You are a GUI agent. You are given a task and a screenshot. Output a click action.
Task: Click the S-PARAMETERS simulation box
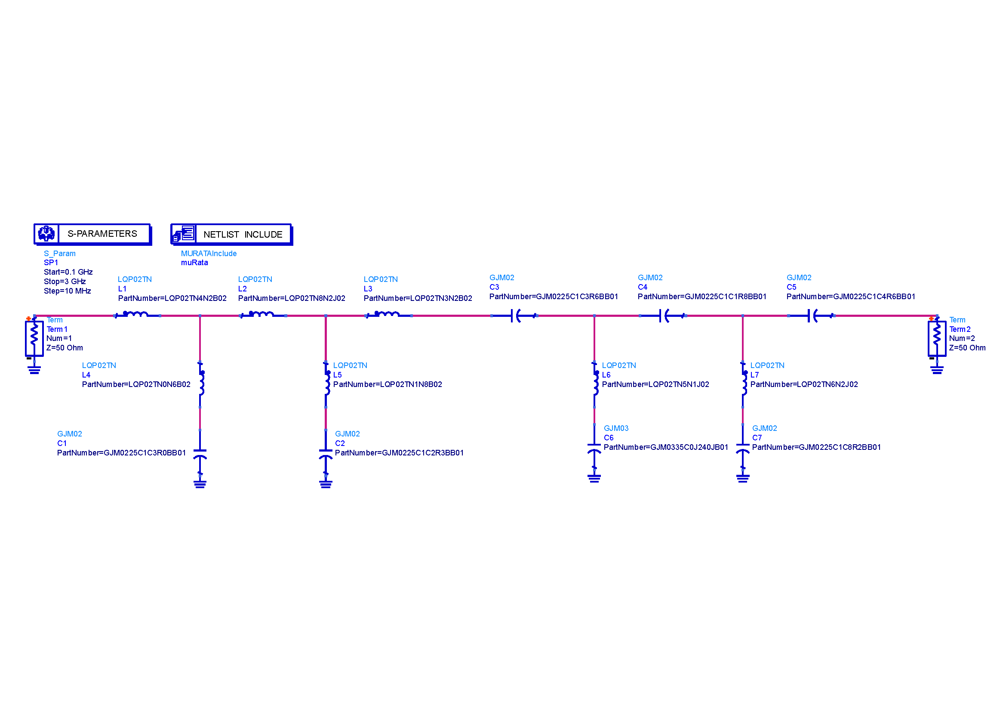click(x=93, y=234)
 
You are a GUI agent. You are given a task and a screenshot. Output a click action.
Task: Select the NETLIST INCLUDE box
click(x=232, y=235)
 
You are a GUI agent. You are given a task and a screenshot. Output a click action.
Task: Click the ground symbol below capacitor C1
click(x=200, y=483)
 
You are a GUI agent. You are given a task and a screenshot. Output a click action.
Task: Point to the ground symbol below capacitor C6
click(x=594, y=478)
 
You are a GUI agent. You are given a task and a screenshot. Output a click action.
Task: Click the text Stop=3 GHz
click(x=65, y=282)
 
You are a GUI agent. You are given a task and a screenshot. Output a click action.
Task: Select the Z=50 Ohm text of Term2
click(x=967, y=348)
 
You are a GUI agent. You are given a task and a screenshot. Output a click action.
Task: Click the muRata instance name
click(x=194, y=263)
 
